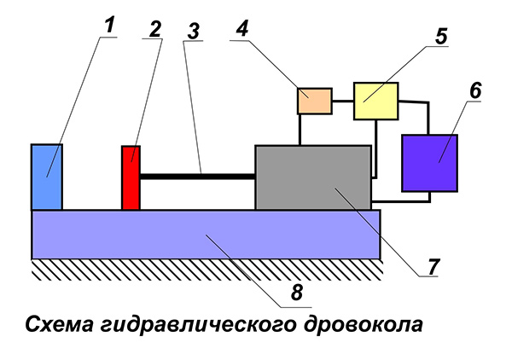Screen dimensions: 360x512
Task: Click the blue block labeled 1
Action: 47,177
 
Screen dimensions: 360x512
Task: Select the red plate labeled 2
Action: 131,177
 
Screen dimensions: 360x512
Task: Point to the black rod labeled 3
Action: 197,177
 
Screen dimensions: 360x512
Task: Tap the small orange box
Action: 313,101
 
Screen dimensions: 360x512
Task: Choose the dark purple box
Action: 429,162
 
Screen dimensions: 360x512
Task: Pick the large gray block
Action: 313,177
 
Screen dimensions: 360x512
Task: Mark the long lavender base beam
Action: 205,234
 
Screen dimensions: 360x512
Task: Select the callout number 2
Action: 154,26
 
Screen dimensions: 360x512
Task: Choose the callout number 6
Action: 474,89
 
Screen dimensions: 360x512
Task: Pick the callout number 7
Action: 433,265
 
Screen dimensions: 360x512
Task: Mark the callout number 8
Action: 296,292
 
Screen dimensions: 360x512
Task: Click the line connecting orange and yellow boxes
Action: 342,101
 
